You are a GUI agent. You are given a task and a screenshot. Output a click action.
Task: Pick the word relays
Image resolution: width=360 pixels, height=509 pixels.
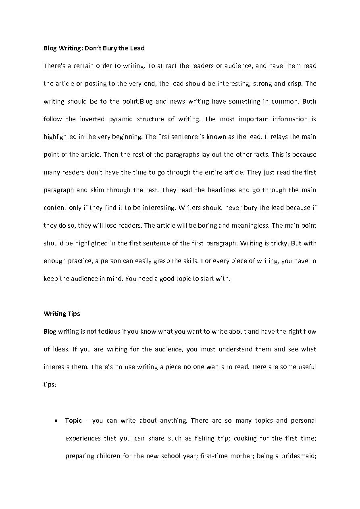(279, 137)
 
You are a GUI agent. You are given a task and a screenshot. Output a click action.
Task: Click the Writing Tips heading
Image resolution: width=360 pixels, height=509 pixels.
(62, 314)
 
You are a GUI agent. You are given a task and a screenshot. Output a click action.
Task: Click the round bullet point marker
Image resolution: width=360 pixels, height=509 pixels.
(56, 421)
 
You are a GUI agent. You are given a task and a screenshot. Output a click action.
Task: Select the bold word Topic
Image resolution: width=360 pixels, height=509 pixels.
(73, 420)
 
